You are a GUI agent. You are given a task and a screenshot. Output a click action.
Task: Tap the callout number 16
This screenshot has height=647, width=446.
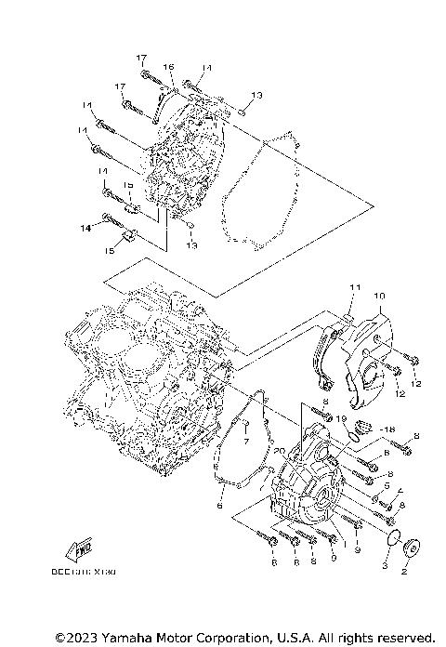click(170, 68)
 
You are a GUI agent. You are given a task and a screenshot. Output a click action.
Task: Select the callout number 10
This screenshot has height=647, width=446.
click(379, 297)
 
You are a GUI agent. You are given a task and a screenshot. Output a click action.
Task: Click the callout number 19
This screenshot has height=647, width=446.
click(343, 420)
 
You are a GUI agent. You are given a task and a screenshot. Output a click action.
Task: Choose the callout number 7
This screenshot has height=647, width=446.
click(247, 442)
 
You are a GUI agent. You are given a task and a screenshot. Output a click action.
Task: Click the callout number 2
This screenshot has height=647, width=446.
click(404, 574)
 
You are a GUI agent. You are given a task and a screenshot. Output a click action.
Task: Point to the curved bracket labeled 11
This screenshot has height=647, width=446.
click(327, 354)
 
